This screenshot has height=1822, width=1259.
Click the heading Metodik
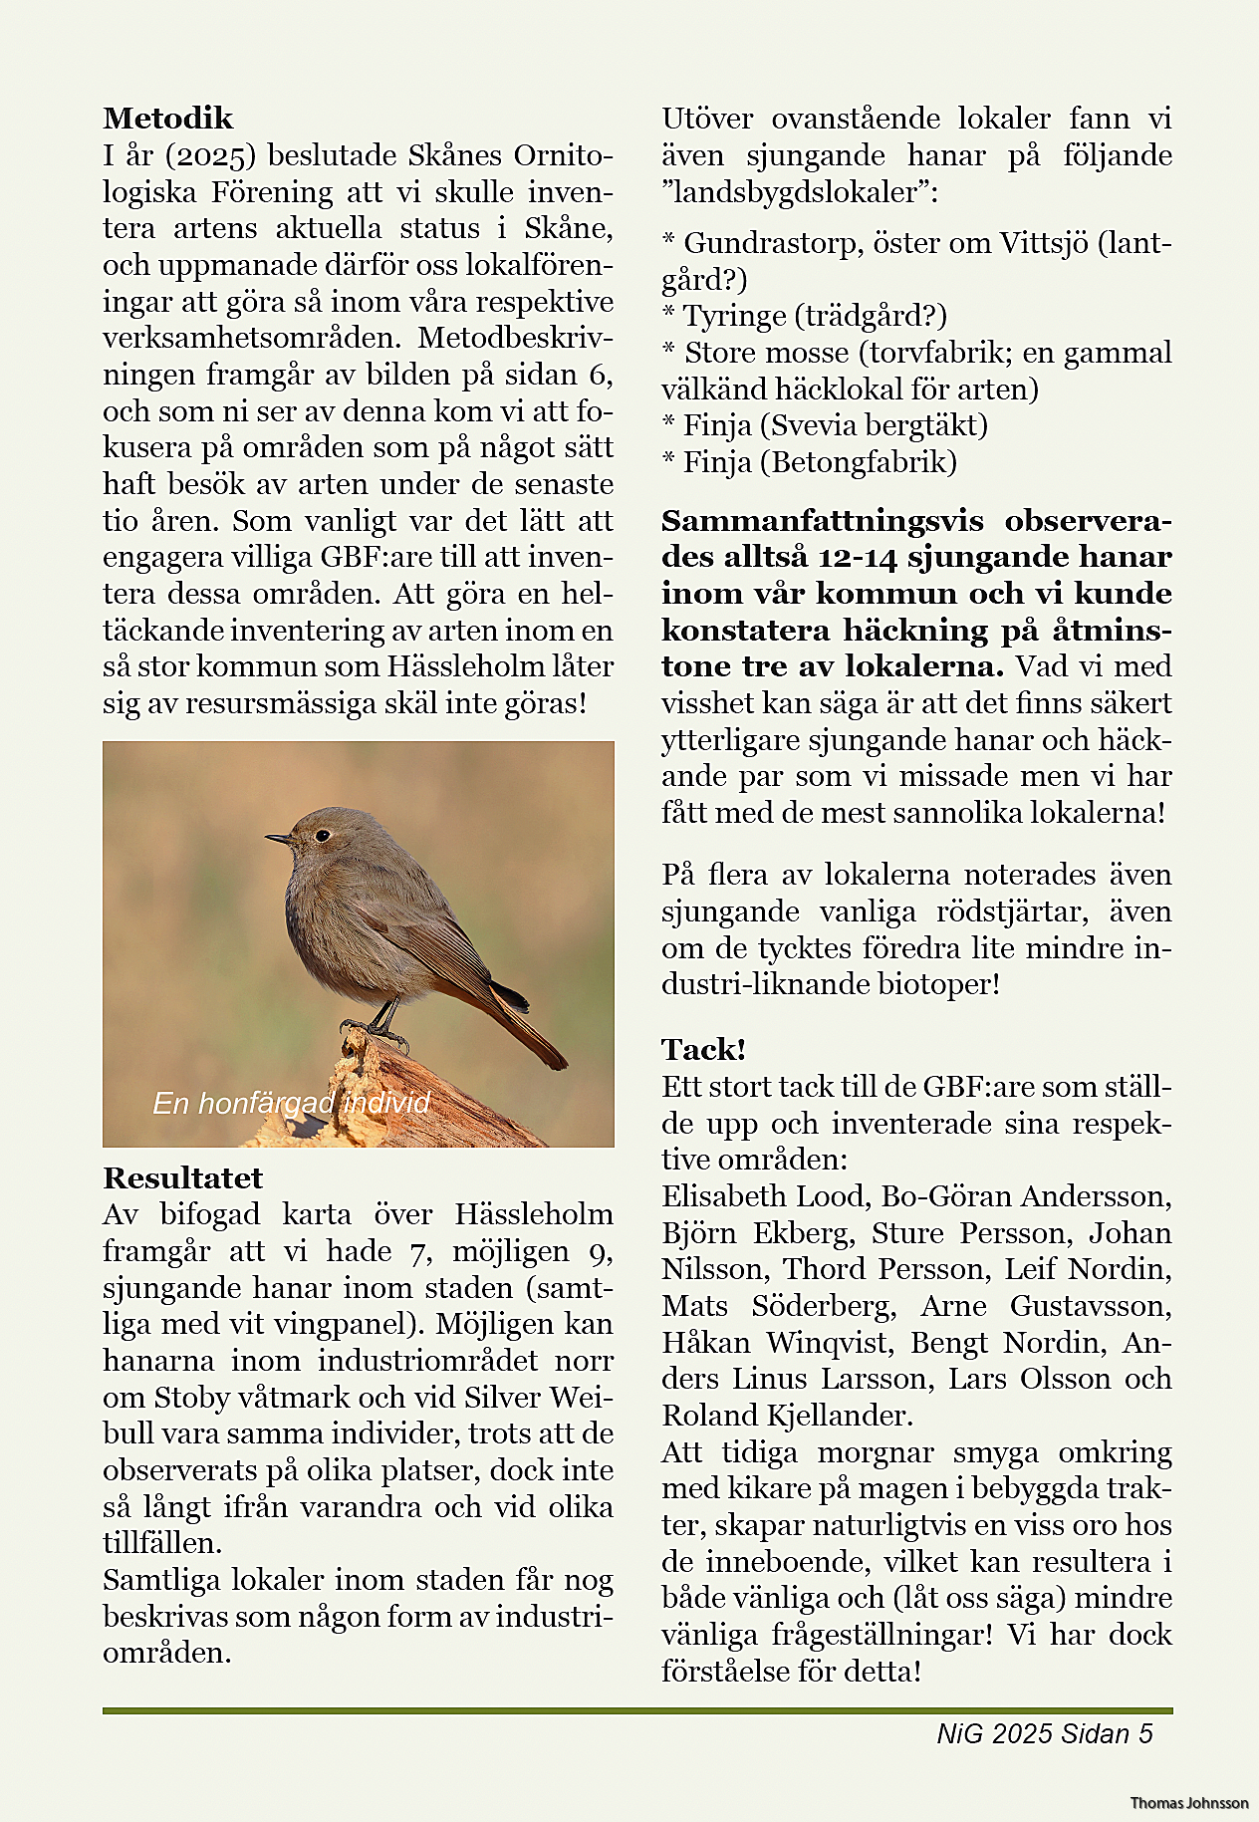(167, 119)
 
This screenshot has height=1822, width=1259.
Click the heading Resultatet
(182, 1178)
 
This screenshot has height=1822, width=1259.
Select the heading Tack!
(703, 1050)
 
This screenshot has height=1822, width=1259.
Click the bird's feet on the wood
(374, 1030)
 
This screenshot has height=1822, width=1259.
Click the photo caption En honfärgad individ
(291, 1103)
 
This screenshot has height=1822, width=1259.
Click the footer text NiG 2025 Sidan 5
(1044, 1734)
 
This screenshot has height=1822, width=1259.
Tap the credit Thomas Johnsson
(1188, 1803)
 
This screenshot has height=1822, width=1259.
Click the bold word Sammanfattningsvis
(822, 521)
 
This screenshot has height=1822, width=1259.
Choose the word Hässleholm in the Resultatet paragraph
(534, 1214)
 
